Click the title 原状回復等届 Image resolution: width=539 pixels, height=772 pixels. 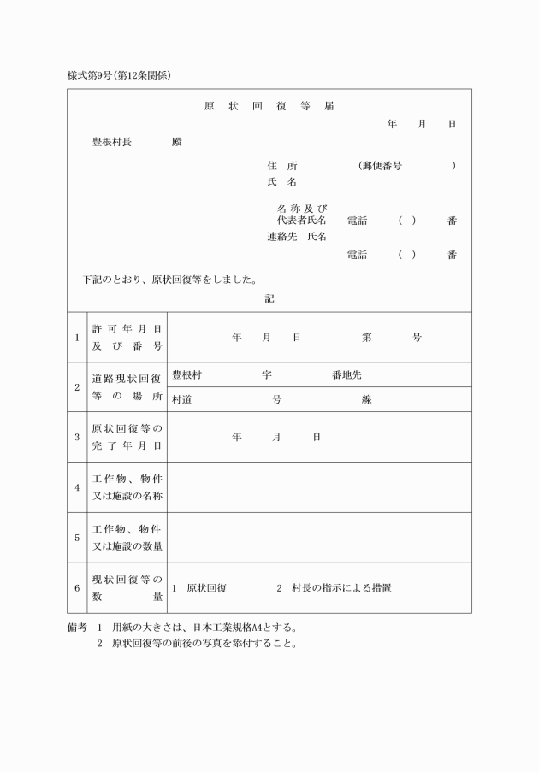coord(269,107)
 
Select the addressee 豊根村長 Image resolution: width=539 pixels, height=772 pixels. coord(111,142)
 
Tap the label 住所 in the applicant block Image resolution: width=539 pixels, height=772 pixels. coord(281,165)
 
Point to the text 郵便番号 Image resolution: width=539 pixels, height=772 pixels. coord(381,165)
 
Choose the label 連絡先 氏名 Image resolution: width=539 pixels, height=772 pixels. coord(296,237)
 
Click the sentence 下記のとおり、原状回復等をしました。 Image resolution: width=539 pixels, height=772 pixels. coord(170,280)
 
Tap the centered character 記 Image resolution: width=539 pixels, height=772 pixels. coord(269,299)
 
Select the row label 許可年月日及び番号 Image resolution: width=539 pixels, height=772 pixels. coord(127,337)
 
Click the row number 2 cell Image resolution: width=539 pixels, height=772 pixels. coord(77,386)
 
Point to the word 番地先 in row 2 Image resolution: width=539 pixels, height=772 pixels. coord(346,374)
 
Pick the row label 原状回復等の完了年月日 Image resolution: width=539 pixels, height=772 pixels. coord(127,437)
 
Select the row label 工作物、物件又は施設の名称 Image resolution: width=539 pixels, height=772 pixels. coord(127,487)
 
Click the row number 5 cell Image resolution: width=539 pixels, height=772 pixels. coord(77,538)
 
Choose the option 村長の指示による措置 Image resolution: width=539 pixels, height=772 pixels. coord(341,588)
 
